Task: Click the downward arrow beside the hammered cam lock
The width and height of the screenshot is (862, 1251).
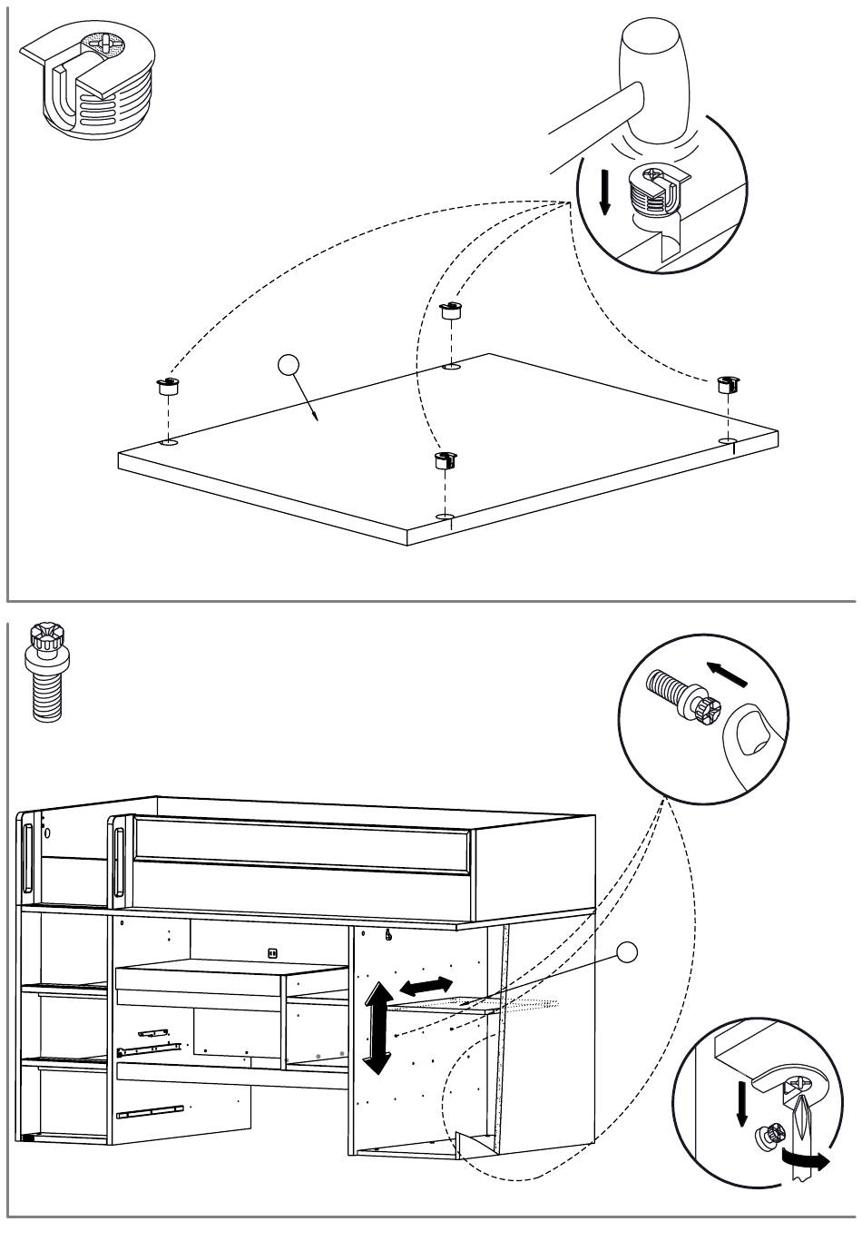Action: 605,192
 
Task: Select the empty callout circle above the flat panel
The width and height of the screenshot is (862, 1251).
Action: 289,366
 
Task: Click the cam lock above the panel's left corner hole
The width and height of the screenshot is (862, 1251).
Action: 168,388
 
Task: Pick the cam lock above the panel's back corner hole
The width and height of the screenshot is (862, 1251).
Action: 451,310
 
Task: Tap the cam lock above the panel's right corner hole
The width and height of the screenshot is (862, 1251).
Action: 729,383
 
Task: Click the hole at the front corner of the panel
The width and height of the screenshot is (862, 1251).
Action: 444,517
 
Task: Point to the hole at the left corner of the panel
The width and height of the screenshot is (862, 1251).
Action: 168,443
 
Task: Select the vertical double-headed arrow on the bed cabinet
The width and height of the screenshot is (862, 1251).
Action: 377,1028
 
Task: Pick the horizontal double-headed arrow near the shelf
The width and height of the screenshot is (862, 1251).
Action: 426,986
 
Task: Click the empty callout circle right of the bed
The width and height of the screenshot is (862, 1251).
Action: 626,952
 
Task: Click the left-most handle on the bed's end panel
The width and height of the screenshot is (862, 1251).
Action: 27,859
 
